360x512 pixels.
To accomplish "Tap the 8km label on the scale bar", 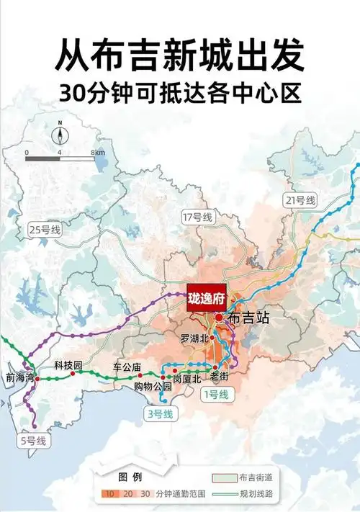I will point(98,153).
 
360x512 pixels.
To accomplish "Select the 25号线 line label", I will point(45,230).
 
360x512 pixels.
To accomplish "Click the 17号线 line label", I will point(197,217).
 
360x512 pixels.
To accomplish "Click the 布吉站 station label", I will point(248,317).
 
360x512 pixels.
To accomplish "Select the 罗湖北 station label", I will point(193,338).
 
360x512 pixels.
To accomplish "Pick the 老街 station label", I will point(219,377).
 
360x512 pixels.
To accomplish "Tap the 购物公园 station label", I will point(153,387).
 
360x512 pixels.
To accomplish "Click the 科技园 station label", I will point(69,365).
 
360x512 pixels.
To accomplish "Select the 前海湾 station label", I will point(19,377).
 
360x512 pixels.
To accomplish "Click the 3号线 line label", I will point(159,413).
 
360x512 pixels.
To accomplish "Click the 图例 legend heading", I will point(130,477).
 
